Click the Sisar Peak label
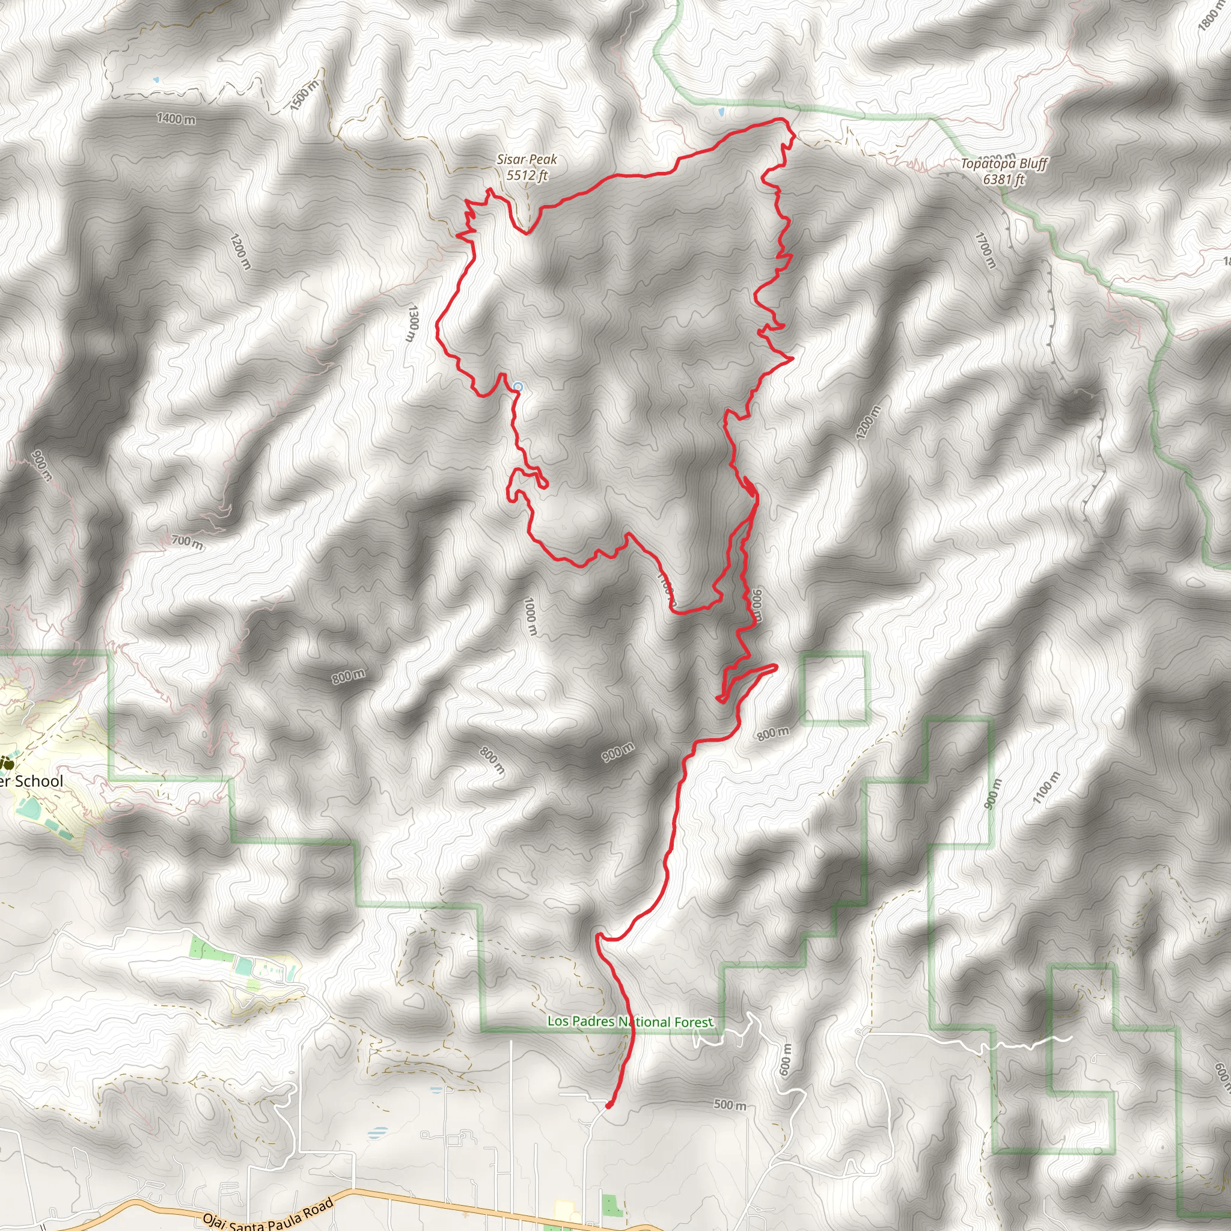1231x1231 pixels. click(527, 159)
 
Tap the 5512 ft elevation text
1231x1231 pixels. click(527, 176)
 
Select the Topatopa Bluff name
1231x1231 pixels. click(1004, 163)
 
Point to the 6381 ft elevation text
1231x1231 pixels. click(1004, 180)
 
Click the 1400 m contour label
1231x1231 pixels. click(176, 118)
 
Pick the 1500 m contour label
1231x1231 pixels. click(304, 96)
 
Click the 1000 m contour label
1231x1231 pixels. click(530, 616)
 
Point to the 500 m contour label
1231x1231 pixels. click(730, 1105)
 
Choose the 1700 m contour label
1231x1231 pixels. click(985, 251)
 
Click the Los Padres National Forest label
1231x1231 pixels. click(630, 1022)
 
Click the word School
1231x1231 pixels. click(39, 782)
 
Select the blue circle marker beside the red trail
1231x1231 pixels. click(518, 386)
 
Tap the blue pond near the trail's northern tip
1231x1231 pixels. click(721, 112)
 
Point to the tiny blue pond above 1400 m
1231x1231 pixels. click(156, 81)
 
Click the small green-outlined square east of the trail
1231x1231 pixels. click(835, 688)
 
